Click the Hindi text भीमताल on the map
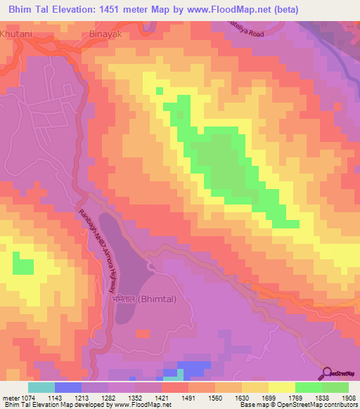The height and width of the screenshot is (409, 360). tap(124, 299)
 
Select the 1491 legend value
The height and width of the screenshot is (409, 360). tap(189, 398)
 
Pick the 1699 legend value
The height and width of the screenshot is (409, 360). tap(268, 398)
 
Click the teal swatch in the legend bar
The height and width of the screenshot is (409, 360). tap(41, 387)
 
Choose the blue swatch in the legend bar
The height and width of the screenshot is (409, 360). tap(67, 387)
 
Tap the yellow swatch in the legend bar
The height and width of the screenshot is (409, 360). tap(281, 387)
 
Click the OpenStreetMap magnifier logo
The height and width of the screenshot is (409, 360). tap(328, 373)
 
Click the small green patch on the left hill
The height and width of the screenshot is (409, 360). tap(23, 267)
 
